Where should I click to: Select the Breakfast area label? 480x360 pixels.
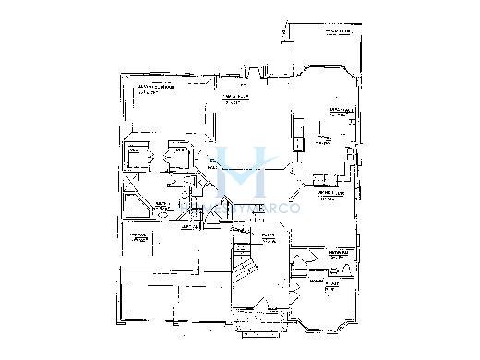(340, 111)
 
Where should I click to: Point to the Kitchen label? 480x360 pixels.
(322, 139)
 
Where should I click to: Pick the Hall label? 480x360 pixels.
(210, 168)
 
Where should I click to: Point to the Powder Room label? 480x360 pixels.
(336, 252)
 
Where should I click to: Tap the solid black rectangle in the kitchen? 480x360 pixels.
(298, 144)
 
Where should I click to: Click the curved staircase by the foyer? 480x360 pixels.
(245, 273)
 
